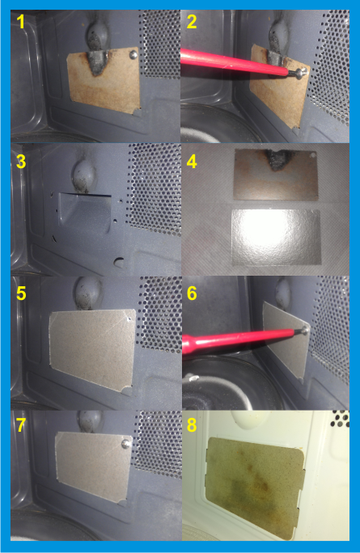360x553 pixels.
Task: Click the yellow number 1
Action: [x=22, y=22]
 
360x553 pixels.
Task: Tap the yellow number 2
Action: [x=192, y=22]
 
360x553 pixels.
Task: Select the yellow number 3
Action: [x=21, y=161]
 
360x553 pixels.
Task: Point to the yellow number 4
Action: [x=192, y=161]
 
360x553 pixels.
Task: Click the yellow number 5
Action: [x=21, y=293]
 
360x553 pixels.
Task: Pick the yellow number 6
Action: [x=192, y=293]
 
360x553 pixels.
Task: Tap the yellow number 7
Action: [x=21, y=424]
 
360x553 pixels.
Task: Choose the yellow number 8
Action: [x=192, y=424]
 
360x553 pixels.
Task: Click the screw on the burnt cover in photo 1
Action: [x=133, y=54]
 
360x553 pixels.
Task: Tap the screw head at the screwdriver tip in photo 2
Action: [x=299, y=74]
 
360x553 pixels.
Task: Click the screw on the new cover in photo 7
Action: [x=126, y=443]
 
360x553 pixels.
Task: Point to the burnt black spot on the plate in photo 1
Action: [x=98, y=62]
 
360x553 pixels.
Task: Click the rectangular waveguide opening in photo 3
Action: [x=85, y=213]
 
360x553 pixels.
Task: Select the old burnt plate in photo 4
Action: [x=276, y=175]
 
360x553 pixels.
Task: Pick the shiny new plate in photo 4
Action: [x=277, y=237]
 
